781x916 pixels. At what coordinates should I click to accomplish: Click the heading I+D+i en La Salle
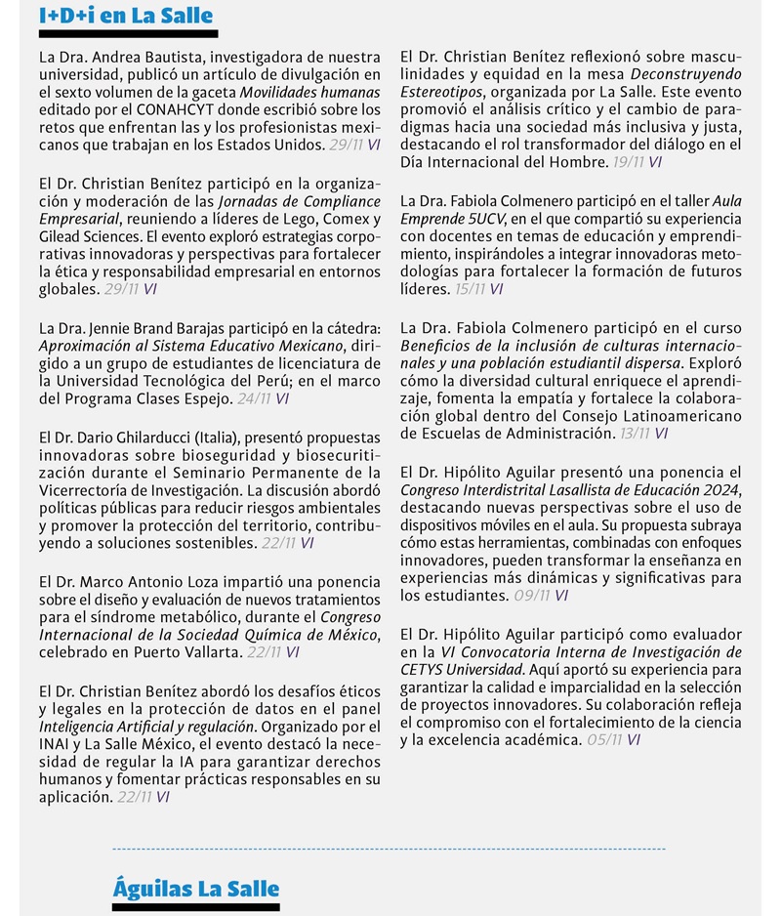tap(126, 17)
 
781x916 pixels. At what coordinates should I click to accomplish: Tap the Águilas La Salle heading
tap(195, 888)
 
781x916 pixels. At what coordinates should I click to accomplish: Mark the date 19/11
tap(628, 162)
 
